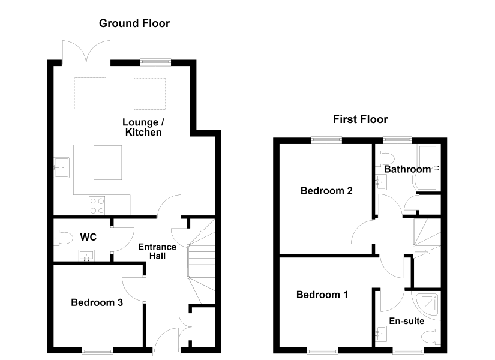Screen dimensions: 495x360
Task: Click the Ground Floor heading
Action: coord(134,23)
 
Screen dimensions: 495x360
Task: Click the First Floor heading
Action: coord(360,119)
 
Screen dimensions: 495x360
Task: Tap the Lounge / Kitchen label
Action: coord(143,127)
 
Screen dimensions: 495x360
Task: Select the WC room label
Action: coord(88,237)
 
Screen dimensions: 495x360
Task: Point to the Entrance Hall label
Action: coord(157,251)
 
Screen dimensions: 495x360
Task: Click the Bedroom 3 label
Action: coord(97,302)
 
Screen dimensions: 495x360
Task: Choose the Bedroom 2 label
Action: coord(326,191)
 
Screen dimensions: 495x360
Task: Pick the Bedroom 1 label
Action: coord(322,295)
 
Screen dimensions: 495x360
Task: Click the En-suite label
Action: coord(407,321)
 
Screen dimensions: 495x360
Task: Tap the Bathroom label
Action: coord(407,169)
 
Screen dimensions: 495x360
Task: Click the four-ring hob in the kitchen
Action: coord(97,206)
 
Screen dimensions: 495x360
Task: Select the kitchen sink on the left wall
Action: coord(61,167)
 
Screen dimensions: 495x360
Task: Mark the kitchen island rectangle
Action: coord(107,163)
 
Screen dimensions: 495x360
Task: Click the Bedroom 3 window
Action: coord(98,350)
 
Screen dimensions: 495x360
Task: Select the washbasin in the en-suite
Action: coord(381,334)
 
